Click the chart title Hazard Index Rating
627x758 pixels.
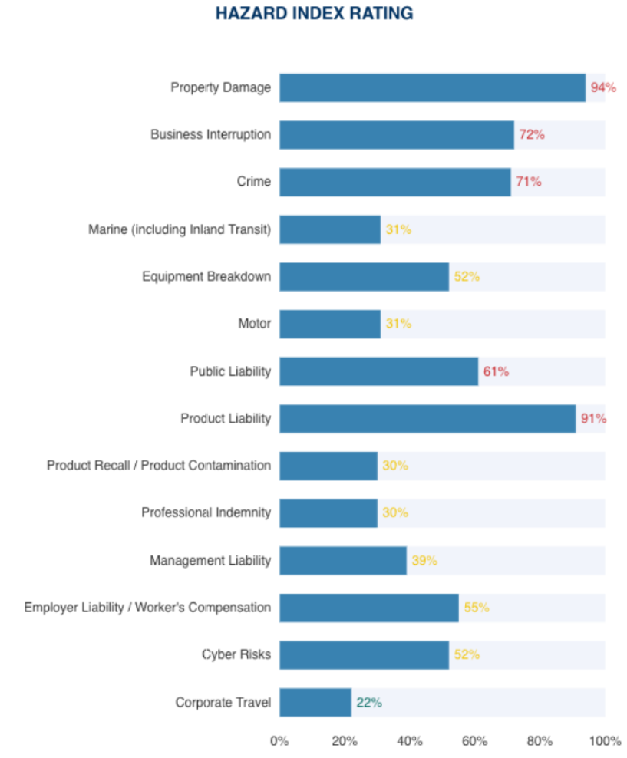click(314, 14)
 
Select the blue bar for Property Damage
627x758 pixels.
click(432, 87)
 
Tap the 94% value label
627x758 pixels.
click(603, 87)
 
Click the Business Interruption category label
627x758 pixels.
click(210, 134)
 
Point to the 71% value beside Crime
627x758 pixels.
click(528, 182)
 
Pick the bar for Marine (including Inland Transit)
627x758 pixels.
click(330, 229)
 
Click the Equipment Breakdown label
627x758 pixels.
click(206, 276)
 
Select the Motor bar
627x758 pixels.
click(330, 324)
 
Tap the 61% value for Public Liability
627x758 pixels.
click(496, 371)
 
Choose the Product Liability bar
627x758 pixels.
click(427, 419)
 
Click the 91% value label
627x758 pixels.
click(593, 419)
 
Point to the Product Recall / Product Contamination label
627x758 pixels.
click(158, 466)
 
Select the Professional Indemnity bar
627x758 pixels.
click(328, 512)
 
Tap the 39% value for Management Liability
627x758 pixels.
click(424, 561)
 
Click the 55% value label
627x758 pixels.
click(476, 608)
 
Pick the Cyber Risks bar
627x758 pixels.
click(364, 655)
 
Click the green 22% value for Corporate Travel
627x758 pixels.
click(368, 702)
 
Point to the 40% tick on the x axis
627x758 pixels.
click(410, 741)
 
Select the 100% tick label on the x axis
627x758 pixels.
click(605, 741)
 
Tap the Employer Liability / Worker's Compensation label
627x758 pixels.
click(147, 608)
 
